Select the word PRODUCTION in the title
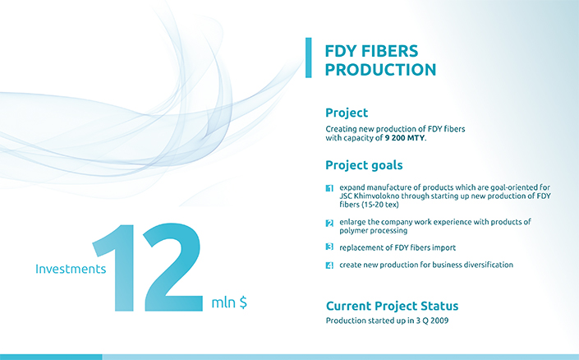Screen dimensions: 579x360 point(380,70)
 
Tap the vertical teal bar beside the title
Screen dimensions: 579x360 point(308,58)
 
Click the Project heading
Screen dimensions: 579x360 point(347,113)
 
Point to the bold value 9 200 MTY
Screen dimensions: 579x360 point(405,138)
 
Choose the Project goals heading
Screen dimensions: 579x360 point(364,165)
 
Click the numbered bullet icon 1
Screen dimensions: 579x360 point(329,188)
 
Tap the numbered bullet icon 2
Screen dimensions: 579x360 point(329,223)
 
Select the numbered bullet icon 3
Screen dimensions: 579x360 point(329,247)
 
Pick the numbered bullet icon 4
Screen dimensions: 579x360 point(329,265)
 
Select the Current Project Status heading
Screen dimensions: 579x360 point(392,306)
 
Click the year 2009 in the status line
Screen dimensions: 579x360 point(439,321)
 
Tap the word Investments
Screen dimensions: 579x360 point(71,269)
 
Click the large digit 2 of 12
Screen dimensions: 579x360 point(172,267)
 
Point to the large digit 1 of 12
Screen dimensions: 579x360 point(114,268)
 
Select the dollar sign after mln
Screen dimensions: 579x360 point(243,302)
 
